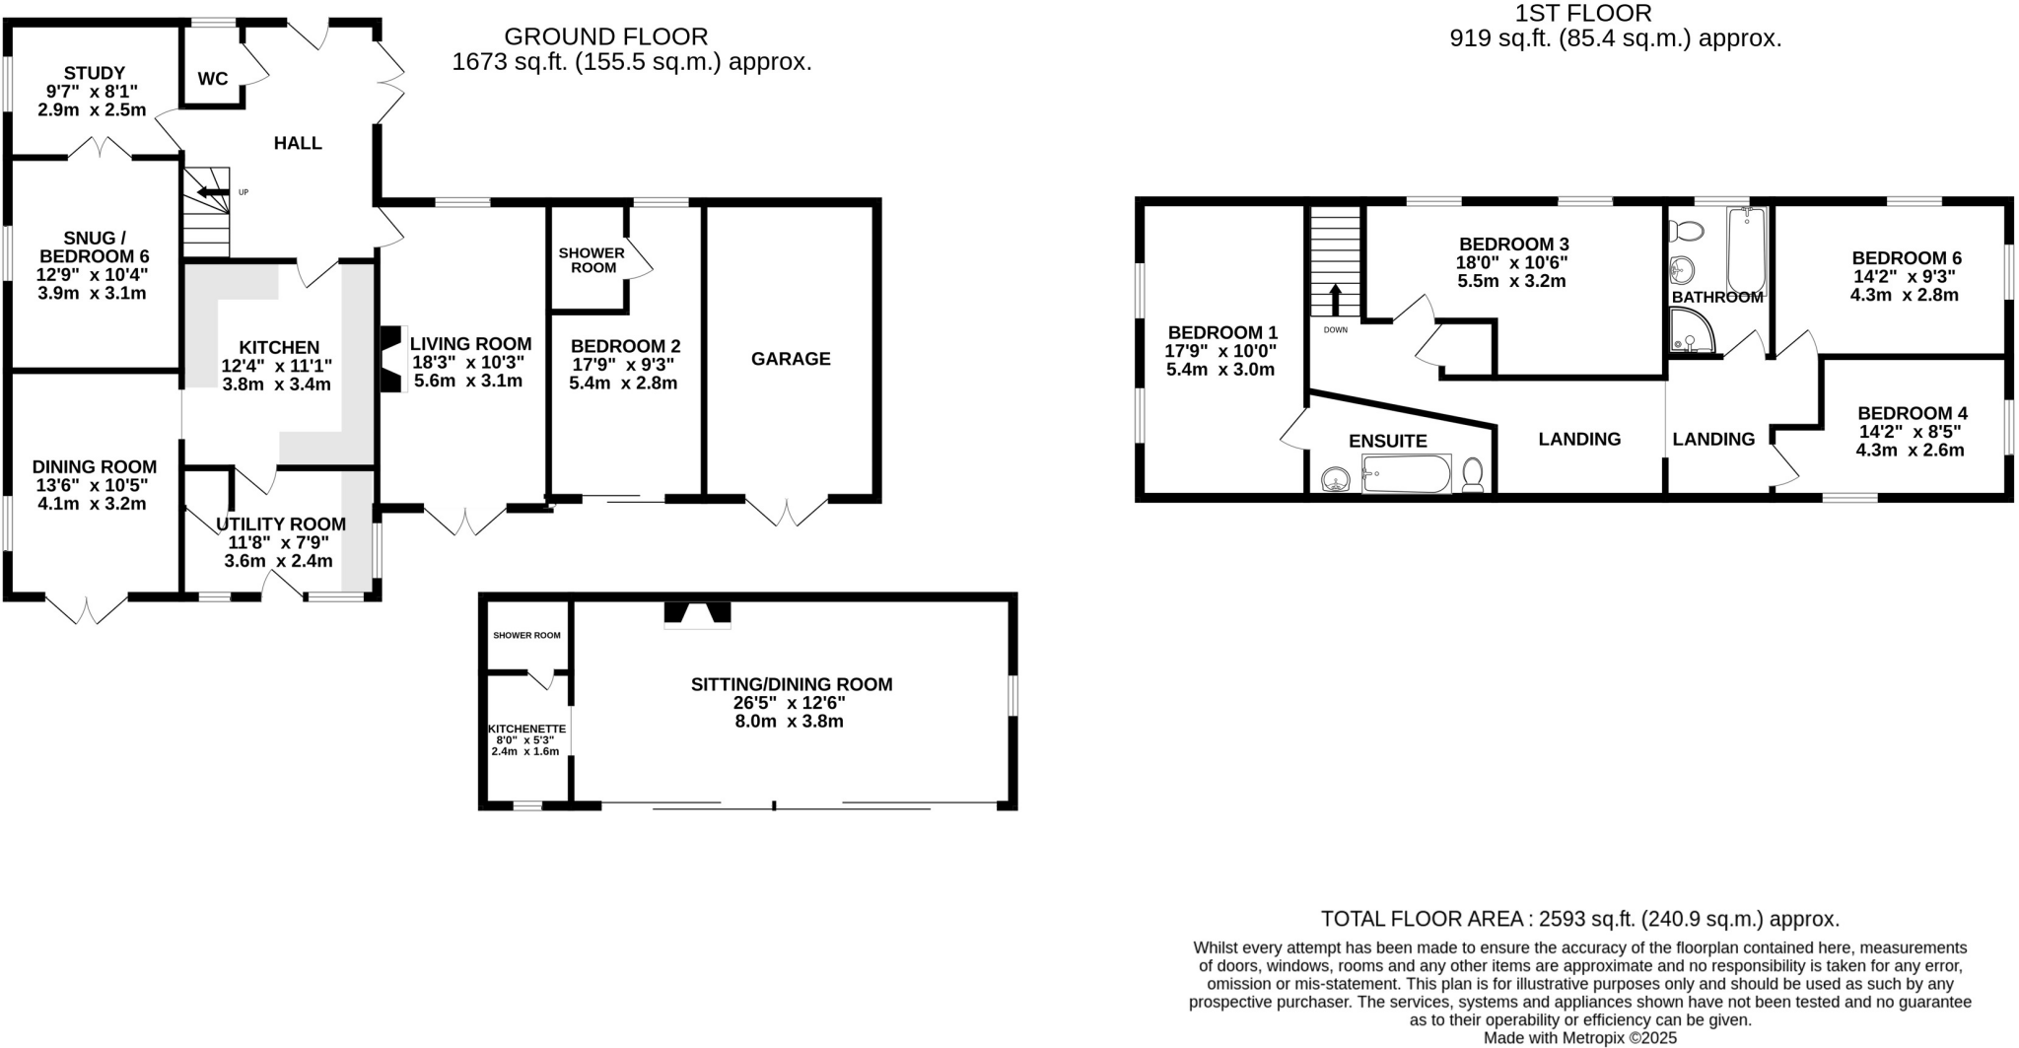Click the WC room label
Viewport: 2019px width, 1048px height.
click(x=213, y=79)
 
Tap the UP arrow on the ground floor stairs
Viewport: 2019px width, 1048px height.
click(x=213, y=191)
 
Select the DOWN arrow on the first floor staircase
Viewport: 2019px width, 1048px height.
click(x=1336, y=299)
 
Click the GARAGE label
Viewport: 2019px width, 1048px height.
click(x=791, y=359)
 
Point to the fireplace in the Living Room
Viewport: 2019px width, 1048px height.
click(x=392, y=359)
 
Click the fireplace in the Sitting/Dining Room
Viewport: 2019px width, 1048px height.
click(x=697, y=614)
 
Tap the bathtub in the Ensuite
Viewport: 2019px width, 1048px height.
click(x=1406, y=474)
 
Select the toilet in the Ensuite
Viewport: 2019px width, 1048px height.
click(x=1473, y=474)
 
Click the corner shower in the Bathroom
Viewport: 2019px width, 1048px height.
click(x=1692, y=331)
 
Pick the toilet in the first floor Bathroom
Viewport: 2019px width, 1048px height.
click(x=1688, y=231)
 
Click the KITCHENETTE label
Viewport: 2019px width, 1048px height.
click(x=526, y=730)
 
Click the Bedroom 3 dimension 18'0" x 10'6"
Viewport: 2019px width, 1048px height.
click(x=1512, y=262)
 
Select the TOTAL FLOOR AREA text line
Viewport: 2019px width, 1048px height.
click(x=1579, y=919)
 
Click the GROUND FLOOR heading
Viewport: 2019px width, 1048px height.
click(x=605, y=36)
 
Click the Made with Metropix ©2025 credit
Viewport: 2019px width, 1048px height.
click(x=1579, y=1038)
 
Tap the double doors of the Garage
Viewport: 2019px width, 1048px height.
click(x=787, y=513)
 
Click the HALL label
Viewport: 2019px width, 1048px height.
click(x=298, y=143)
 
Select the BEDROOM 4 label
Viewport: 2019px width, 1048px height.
click(x=1912, y=413)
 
